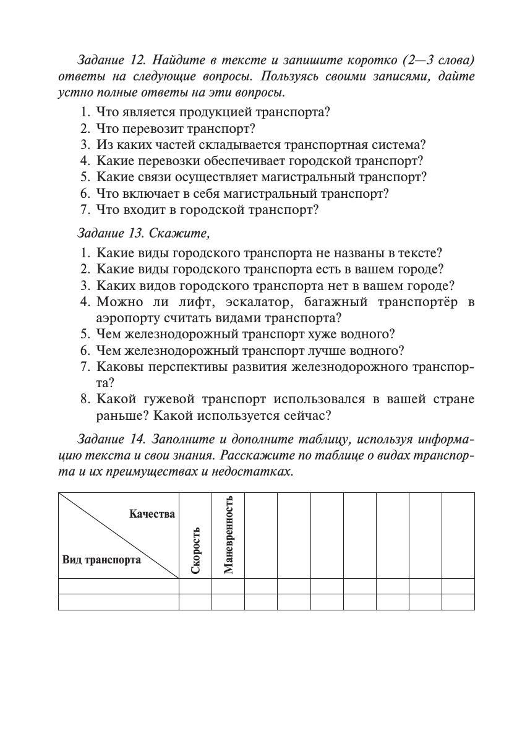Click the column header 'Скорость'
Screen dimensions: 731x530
[x=195, y=550]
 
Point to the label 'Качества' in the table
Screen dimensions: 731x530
[x=152, y=514]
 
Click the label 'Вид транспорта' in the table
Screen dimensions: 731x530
[x=101, y=560]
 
